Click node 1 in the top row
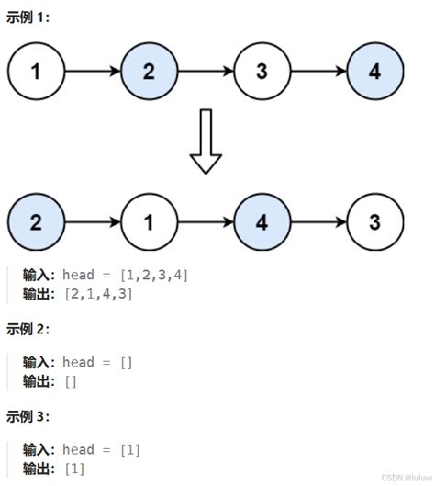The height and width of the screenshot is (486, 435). (x=36, y=70)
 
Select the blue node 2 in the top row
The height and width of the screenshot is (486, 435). (x=149, y=70)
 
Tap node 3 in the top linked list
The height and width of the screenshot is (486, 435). (x=262, y=70)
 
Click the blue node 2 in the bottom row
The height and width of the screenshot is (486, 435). (x=36, y=222)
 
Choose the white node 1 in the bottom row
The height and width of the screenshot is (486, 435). (x=149, y=222)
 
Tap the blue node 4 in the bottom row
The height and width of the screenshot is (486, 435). (x=262, y=222)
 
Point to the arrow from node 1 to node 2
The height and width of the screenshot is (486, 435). (x=92, y=70)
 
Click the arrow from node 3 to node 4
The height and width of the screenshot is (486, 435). (x=319, y=70)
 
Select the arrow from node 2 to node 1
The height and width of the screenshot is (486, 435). (x=92, y=222)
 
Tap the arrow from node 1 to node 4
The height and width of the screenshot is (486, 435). (x=206, y=222)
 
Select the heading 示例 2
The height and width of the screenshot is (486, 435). (x=28, y=329)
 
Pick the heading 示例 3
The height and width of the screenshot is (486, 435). (x=28, y=416)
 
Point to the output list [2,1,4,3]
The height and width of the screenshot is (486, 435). (x=99, y=294)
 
